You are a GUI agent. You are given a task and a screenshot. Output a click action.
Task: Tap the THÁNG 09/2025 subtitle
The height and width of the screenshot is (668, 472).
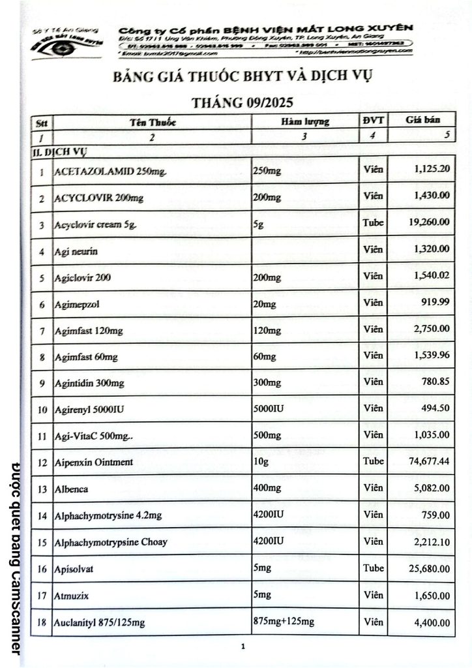[x=242, y=103]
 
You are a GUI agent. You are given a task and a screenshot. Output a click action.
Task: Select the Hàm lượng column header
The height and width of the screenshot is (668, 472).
[x=305, y=121]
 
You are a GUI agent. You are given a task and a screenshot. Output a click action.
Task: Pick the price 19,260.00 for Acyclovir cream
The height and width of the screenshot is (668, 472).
[x=428, y=222]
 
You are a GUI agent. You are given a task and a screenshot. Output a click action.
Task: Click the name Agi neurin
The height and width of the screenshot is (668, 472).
[x=76, y=251]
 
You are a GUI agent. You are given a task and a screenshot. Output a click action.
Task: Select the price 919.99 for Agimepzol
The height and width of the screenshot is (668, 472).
[x=434, y=302]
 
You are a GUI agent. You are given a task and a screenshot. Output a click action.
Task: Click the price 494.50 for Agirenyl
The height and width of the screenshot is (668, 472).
[x=435, y=408]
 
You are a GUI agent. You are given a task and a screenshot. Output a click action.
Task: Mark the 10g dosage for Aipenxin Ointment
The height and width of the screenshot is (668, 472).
[x=260, y=462]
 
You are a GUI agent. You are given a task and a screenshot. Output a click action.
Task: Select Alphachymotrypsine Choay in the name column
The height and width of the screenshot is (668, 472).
[x=111, y=541]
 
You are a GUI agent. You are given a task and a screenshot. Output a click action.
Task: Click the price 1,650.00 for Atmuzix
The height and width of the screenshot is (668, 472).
[x=431, y=595]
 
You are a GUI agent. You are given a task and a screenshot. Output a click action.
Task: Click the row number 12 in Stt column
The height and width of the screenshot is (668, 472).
[x=42, y=463]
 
